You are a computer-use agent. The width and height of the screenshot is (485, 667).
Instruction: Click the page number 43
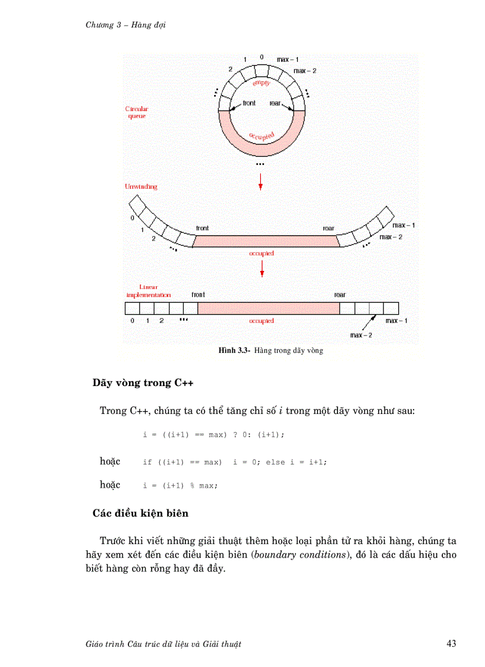[451, 644]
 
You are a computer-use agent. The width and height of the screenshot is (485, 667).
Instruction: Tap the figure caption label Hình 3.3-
[235, 350]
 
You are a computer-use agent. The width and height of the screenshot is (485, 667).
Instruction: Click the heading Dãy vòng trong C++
[143, 383]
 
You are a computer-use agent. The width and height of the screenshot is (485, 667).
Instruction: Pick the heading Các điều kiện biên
[140, 513]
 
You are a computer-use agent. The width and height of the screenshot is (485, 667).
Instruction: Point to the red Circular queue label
[136, 112]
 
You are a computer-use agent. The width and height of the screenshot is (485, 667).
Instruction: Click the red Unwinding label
[141, 186]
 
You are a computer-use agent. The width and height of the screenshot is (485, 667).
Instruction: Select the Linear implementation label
[149, 290]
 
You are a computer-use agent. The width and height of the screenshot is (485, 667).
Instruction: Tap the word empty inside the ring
[262, 83]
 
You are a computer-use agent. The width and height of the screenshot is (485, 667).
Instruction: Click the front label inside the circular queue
[249, 103]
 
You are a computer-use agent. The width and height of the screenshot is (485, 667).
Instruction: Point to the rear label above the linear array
[339, 295]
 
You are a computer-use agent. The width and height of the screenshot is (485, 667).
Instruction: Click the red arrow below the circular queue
[260, 182]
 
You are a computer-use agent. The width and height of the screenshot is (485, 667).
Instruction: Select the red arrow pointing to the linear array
[262, 268]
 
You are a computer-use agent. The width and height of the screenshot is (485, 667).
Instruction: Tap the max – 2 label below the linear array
[361, 335]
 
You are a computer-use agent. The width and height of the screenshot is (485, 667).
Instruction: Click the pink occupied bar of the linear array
[269, 308]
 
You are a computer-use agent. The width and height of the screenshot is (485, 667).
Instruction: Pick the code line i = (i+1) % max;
[181, 486]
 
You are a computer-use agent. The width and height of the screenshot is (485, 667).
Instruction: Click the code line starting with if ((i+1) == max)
[235, 462]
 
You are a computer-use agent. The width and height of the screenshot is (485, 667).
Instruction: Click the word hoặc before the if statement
[110, 461]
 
